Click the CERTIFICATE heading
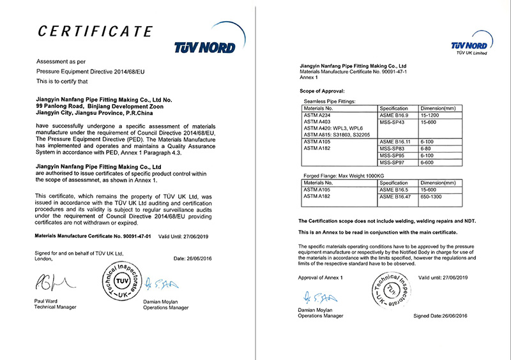click(95, 31)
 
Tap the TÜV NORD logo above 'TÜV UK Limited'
click(469, 45)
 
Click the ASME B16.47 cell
click(395, 196)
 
